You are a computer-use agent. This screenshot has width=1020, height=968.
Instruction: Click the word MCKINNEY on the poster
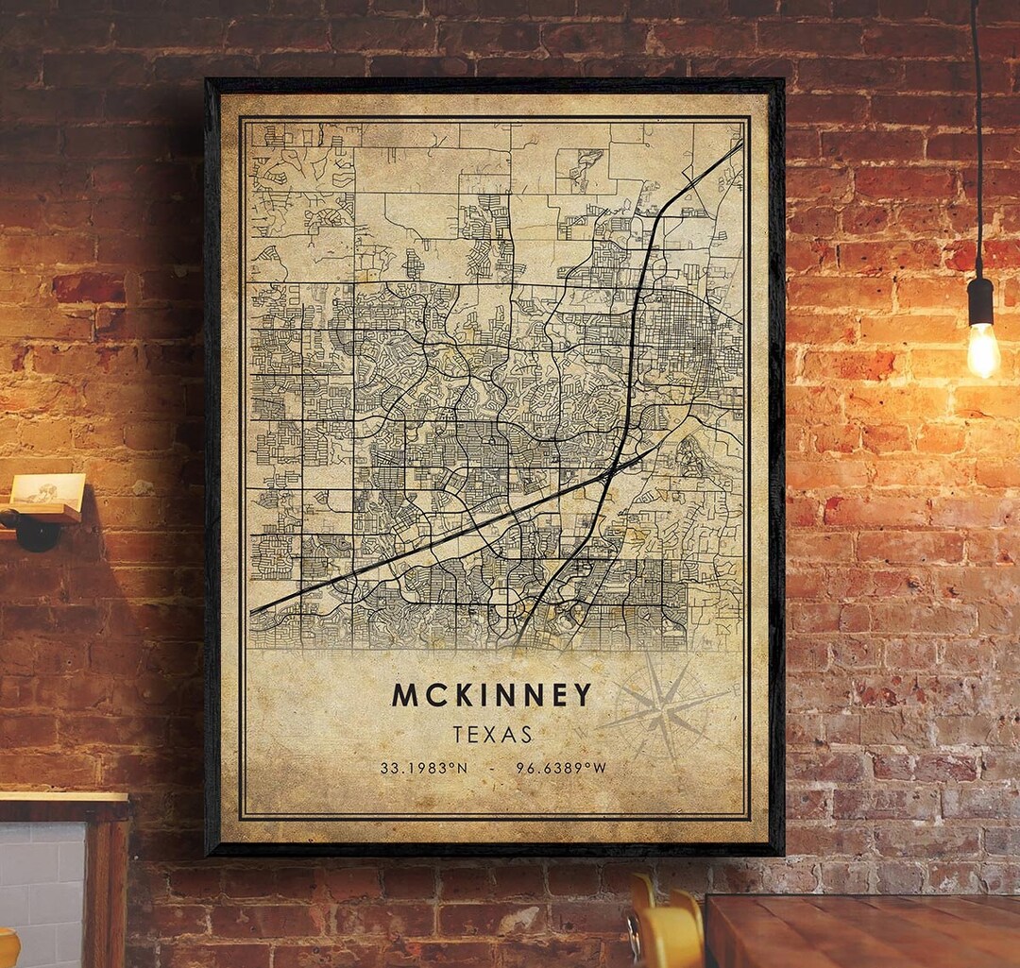[492, 695]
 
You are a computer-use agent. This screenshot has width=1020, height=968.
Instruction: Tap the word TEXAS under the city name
[492, 735]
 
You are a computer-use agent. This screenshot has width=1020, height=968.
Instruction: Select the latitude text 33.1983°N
[423, 768]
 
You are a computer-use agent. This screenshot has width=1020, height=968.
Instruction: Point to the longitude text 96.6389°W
[561, 768]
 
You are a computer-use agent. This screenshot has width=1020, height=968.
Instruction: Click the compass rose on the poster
[664, 708]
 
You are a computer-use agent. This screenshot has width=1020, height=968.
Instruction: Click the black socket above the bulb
[981, 300]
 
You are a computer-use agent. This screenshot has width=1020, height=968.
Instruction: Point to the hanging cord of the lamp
[977, 142]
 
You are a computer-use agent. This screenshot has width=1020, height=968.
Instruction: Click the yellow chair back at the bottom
[669, 930]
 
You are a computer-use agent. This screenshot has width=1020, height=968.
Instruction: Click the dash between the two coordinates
[492, 768]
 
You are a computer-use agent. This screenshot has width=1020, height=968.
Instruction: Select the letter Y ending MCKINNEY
[581, 695]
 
